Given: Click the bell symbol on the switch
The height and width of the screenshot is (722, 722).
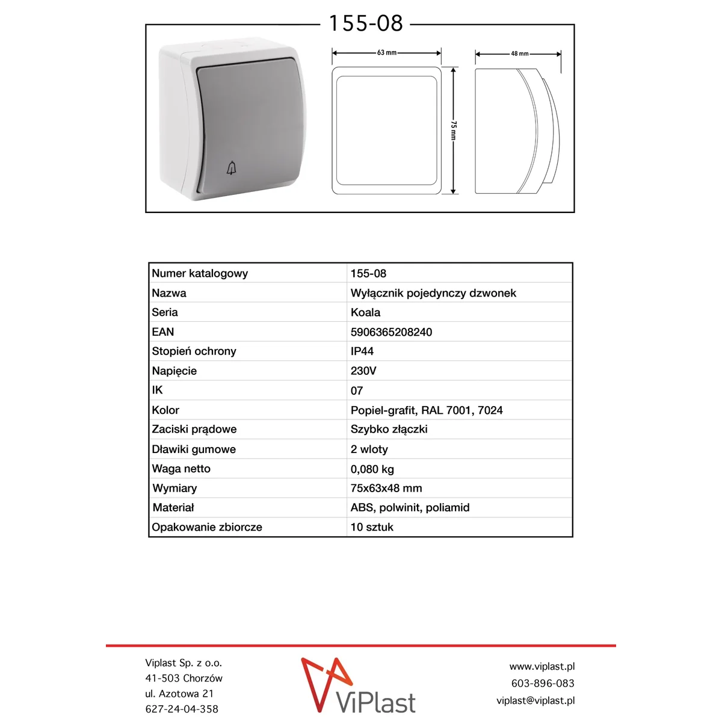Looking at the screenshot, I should pos(232,168).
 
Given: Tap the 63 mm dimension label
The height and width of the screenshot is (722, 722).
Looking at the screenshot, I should pos(387,53).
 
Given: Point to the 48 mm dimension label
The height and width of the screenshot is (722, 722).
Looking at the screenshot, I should pos(520,54).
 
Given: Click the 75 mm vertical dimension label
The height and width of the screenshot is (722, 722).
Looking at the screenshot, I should pos(454,130).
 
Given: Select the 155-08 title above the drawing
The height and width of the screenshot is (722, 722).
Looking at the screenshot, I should pos(366,24).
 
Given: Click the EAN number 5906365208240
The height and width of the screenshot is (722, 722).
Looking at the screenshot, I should pos(391,332).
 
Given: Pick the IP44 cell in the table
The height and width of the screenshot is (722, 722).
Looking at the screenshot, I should pos(362,351).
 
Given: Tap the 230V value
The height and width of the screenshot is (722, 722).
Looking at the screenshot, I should pos(363,371).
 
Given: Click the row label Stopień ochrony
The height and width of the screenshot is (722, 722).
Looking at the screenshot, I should pos(194,351).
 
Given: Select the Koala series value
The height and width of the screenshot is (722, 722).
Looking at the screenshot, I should pos(365,312).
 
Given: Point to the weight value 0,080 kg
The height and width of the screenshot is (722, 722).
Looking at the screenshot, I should pos(372,469).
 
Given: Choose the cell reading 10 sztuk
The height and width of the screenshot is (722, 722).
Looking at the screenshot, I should pos(372,527).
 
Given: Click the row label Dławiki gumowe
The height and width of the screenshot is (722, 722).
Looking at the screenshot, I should pos(194,449).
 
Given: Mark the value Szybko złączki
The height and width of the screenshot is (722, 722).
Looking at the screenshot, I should pos(389,430).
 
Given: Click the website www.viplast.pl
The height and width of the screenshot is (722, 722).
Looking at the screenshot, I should pos(541,667).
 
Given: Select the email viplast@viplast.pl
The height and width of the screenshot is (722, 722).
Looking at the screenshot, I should pos(535,700).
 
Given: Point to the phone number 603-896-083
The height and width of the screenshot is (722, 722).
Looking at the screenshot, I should pos(543,683).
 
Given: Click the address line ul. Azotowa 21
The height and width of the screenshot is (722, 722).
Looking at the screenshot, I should pos(179,694).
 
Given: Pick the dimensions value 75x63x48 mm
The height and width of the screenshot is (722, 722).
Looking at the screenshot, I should pos(386,489).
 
